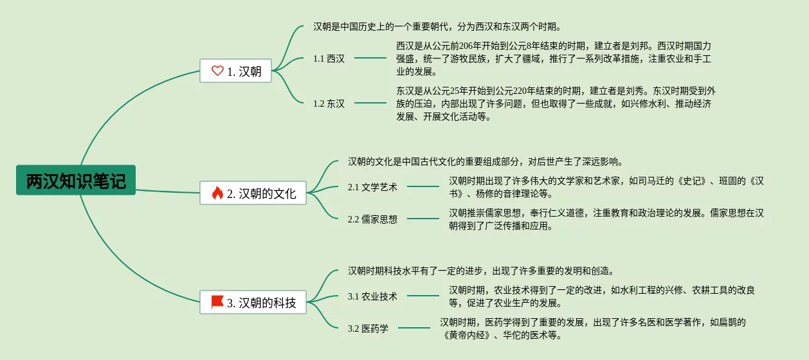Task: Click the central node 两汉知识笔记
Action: pos(76,181)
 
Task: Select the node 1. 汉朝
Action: pos(235,71)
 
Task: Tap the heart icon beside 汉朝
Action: pos(217,71)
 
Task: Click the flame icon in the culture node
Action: pos(217,193)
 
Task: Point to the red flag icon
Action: pos(217,301)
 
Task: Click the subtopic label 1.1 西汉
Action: pos(329,59)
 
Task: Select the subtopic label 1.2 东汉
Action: pos(329,104)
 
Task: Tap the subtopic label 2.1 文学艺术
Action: pos(372,187)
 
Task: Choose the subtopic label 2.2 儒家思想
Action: pos(372,219)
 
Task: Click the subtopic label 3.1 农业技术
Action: pos(372,296)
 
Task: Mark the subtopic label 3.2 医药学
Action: pos(368,328)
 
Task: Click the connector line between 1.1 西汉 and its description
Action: pos(370,58)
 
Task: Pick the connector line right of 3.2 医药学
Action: pos(414,328)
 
